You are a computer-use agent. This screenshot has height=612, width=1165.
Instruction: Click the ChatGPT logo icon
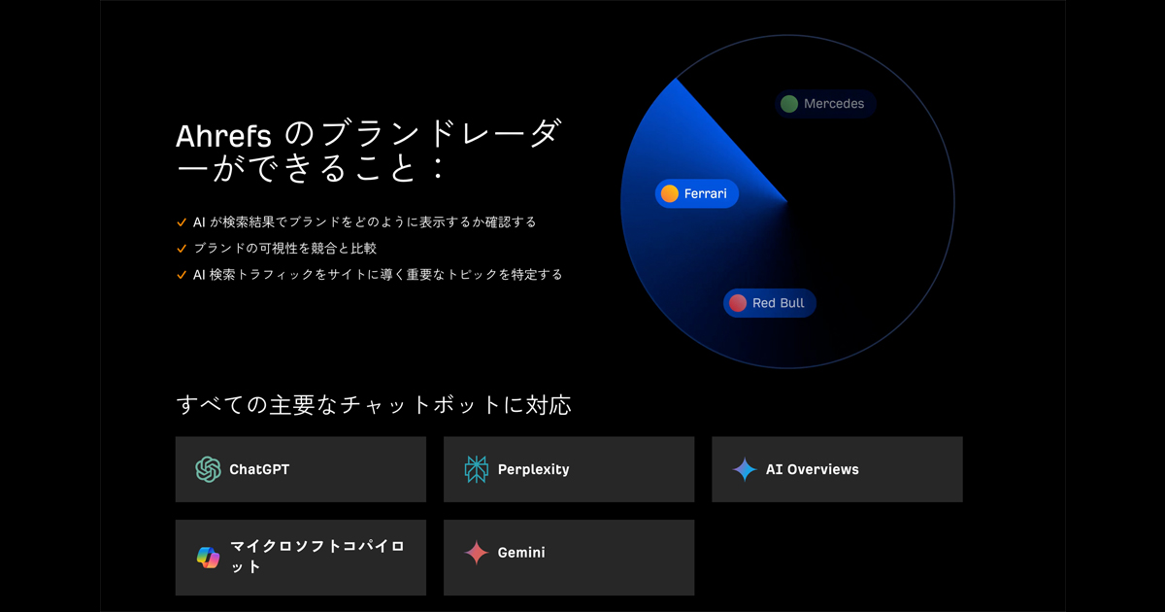(x=208, y=469)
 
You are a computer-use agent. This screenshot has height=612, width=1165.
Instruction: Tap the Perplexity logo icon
(x=477, y=469)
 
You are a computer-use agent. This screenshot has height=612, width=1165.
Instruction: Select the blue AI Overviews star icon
(x=745, y=469)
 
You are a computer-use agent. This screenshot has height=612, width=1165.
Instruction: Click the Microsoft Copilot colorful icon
(x=208, y=558)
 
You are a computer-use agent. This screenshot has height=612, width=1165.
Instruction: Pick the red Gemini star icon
(x=477, y=553)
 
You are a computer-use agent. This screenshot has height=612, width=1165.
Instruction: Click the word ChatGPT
(x=259, y=469)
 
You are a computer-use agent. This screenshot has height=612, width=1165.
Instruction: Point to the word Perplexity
(x=534, y=470)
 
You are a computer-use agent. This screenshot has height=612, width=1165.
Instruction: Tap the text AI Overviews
(x=813, y=469)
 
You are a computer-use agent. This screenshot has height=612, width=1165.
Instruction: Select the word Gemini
(x=521, y=553)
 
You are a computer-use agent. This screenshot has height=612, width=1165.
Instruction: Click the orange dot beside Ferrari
(x=669, y=193)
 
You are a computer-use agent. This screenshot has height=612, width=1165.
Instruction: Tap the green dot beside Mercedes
(x=789, y=104)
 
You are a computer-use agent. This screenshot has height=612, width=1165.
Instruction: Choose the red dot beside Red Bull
(x=738, y=303)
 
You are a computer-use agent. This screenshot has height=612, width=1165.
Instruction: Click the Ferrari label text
(x=705, y=193)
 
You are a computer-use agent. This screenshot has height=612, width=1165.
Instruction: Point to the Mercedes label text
(x=834, y=104)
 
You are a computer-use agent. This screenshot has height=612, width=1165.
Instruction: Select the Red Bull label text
(x=778, y=303)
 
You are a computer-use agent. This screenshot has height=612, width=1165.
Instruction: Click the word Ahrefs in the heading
(x=223, y=136)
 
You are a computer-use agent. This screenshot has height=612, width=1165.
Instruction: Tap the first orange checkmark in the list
(x=182, y=222)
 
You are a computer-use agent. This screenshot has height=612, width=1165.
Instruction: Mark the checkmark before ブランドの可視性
(x=182, y=249)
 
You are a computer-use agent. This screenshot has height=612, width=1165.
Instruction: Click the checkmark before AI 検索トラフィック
(x=182, y=275)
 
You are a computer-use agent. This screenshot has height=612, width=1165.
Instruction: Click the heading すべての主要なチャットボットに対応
(x=374, y=405)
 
